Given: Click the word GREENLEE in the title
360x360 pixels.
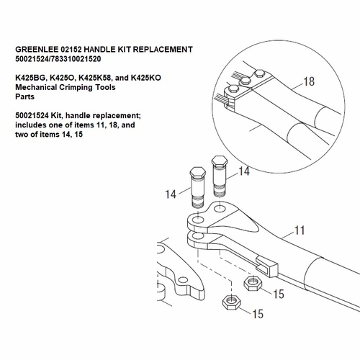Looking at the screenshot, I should (35, 49).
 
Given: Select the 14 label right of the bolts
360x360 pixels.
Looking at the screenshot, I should (244, 171).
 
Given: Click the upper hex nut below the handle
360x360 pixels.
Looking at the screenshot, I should (252, 283).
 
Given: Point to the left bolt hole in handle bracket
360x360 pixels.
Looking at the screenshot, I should (197, 219).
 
